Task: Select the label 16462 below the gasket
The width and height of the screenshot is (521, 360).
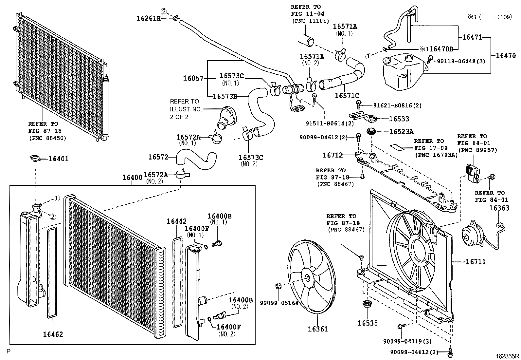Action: (53, 334)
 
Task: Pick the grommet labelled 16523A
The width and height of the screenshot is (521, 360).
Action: (371, 131)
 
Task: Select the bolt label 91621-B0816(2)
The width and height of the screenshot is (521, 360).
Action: (397, 105)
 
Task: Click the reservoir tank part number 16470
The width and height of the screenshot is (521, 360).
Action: (506, 56)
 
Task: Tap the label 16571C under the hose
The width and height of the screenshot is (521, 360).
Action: (347, 96)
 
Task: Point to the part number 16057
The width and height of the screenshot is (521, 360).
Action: (193, 78)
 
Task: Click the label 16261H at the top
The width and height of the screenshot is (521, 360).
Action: (148, 18)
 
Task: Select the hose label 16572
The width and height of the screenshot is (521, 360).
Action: (158, 157)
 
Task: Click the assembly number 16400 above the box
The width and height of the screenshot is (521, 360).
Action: (132, 178)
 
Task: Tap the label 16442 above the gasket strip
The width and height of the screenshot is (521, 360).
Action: (176, 221)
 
